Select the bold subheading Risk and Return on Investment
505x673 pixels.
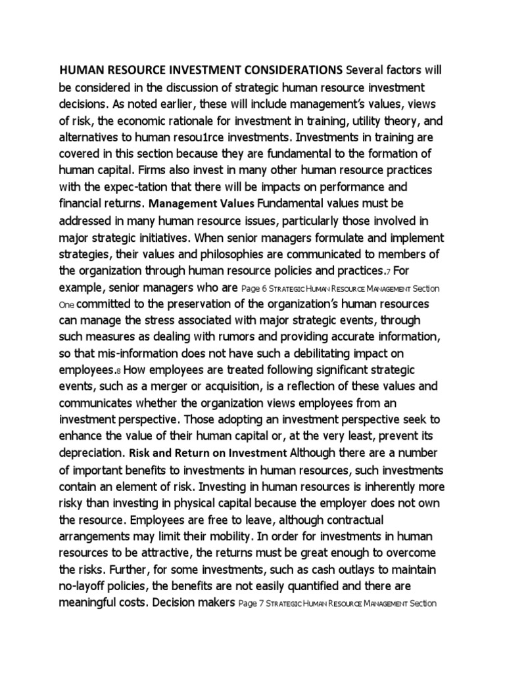click(208, 453)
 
